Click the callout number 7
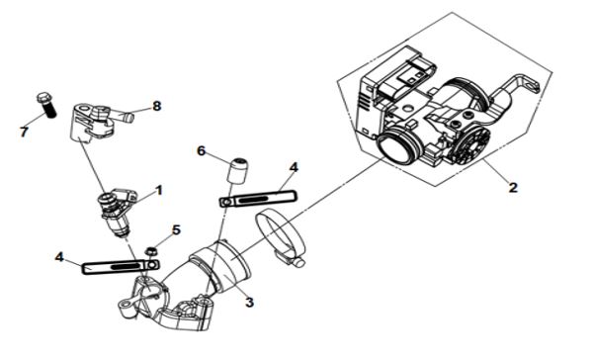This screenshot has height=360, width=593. [24, 133]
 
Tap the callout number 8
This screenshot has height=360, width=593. [156, 106]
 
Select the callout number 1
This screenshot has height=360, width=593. [159, 190]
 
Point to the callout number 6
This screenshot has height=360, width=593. [202, 151]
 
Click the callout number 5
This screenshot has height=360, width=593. [176, 229]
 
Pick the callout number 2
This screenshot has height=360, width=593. [512, 187]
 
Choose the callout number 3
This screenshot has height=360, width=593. [249, 302]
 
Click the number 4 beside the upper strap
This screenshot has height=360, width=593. [294, 167]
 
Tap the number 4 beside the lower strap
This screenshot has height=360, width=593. [59, 257]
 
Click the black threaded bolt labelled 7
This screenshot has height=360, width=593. [46, 104]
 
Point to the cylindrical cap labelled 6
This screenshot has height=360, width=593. [238, 170]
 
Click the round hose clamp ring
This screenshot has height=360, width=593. [281, 236]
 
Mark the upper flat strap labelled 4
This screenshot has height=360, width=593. [258, 199]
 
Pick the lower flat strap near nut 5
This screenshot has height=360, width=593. [121, 266]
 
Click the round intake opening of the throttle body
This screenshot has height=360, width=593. [397, 146]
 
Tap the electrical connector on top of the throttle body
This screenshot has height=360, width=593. [410, 77]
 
